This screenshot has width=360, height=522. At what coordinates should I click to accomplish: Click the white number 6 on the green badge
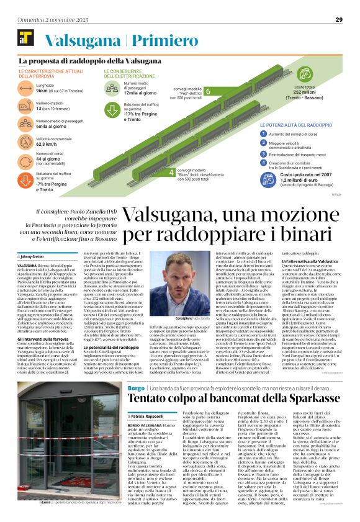(x=190, y=92)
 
